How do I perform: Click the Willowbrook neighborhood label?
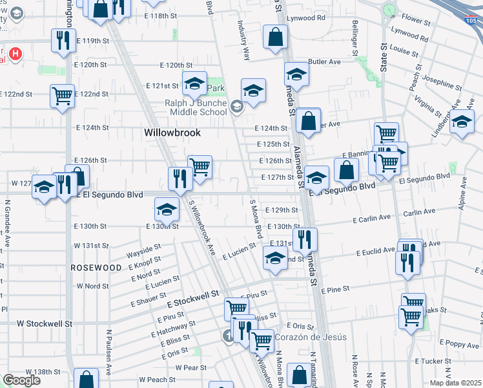172,133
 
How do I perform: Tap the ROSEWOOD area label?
96,267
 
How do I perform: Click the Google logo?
21,380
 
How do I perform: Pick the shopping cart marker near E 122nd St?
63,96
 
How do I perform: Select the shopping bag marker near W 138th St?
86,379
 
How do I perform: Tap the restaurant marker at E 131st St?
305,239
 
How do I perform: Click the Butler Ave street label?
324,62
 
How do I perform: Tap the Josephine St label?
442,84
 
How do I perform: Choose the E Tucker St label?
428,361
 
